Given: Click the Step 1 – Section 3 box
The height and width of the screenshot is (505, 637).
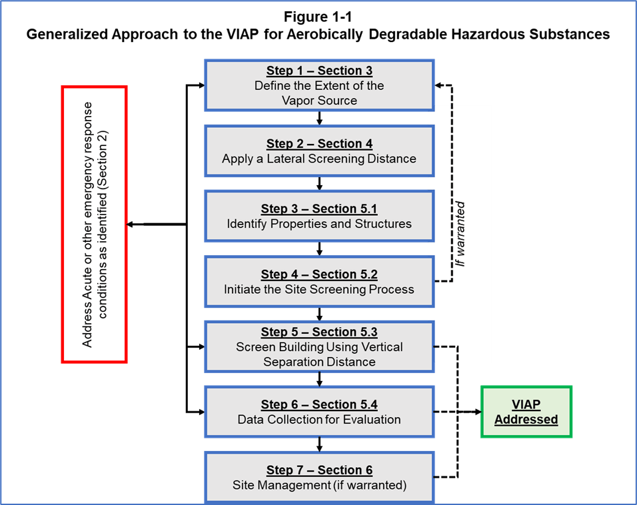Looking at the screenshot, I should click(319, 85).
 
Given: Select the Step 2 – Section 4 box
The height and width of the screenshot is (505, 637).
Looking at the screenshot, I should click(319, 151).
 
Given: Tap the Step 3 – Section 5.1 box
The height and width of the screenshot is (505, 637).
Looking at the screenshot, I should click(319, 216).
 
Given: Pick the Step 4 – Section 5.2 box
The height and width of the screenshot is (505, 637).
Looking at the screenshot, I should click(319, 281).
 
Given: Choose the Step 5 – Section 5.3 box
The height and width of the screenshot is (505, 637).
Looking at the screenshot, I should click(319, 346).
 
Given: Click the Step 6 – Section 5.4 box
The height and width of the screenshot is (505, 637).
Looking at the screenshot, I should click(319, 412).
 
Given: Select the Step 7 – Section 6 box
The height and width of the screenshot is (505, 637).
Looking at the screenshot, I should click(319, 478).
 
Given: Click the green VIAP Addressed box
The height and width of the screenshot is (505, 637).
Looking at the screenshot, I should click(526, 412).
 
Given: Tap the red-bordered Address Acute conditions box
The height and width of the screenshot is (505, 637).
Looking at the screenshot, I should click(94, 224).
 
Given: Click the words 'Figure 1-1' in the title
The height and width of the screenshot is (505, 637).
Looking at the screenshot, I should click(318, 17).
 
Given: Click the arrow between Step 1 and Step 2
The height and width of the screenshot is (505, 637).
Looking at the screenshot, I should click(320, 119).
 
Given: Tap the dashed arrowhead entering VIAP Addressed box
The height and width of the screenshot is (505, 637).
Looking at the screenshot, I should click(477, 412).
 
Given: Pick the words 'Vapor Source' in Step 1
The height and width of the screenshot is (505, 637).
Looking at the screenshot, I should click(319, 101).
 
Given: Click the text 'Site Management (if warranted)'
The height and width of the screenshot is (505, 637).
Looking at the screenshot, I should click(319, 485).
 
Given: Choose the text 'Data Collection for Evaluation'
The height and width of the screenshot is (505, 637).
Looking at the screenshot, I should click(319, 420).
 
